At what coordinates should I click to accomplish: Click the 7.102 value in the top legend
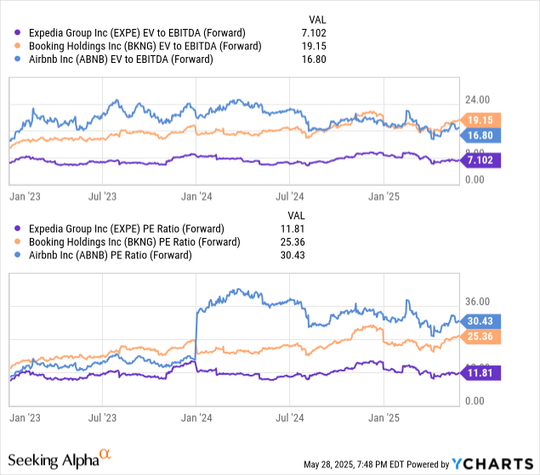coord(303,31)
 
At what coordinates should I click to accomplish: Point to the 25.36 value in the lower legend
coord(303,242)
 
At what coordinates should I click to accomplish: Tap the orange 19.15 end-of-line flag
coord(481,120)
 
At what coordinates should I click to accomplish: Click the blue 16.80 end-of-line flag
coord(481,134)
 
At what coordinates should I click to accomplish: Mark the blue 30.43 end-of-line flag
coord(481,320)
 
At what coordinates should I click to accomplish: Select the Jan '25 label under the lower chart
coord(384,418)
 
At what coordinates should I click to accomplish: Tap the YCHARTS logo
coord(492,464)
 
